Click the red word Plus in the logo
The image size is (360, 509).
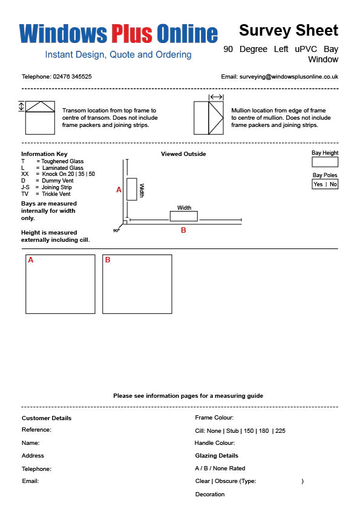click(132, 33)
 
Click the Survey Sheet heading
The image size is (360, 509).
click(289, 30)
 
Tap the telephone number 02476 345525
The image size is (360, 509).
click(72, 77)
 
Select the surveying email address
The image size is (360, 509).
click(289, 77)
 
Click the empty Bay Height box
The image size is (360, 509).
click(325, 162)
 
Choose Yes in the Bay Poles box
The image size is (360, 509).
click(318, 184)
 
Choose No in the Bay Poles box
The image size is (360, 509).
click(333, 184)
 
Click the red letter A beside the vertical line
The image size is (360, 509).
click(119, 190)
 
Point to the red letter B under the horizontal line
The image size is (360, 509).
click(183, 230)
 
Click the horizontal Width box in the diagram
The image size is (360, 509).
click(184, 216)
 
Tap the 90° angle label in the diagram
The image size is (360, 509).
click(116, 230)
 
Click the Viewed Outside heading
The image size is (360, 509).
click(183, 154)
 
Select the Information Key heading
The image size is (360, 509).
click(44, 154)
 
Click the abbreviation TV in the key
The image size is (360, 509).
click(25, 194)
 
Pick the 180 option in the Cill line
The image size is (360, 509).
click(264, 431)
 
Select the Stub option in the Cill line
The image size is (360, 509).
click(232, 431)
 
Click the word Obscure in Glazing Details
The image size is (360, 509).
click(226, 481)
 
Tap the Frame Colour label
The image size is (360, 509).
click(214, 418)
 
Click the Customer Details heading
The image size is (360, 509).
click(47, 418)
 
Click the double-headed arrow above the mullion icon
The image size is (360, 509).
click(216, 97)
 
